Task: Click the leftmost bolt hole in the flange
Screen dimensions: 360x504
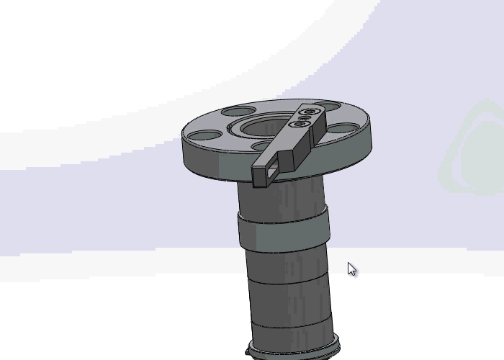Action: click(x=205, y=135)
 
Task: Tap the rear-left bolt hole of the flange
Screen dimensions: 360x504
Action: click(x=238, y=112)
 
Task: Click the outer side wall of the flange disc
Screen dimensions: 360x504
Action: click(x=216, y=162)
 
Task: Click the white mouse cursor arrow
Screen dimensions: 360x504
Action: click(x=351, y=269)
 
